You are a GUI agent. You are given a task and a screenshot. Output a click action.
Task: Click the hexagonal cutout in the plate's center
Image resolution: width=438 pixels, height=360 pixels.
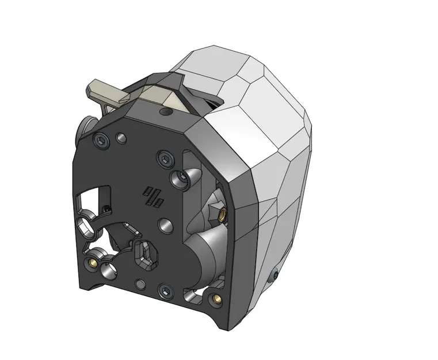(x=146, y=255)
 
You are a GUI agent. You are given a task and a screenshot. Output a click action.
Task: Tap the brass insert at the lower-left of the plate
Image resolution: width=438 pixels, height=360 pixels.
(x=91, y=264)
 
